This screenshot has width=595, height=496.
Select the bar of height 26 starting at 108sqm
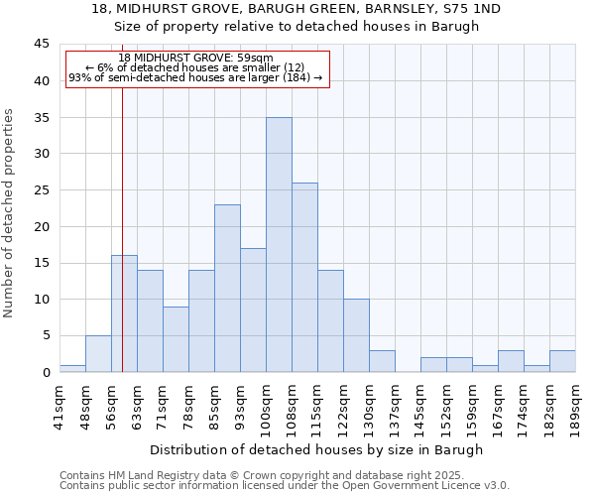click(x=304, y=278)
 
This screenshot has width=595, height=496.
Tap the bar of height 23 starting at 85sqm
click(x=227, y=288)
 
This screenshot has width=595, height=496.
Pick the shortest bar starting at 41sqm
click(x=72, y=368)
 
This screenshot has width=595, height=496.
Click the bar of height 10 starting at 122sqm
click(x=356, y=335)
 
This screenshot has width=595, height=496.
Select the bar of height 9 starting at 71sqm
click(x=176, y=339)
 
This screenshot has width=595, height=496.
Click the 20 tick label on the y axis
click(x=41, y=226)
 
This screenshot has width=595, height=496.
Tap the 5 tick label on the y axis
click(x=45, y=335)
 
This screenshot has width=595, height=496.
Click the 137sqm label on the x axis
click(x=395, y=405)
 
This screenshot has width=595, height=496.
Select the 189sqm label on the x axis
click(x=575, y=405)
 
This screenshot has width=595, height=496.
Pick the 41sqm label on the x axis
click(x=59, y=405)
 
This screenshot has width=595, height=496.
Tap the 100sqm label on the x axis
click(x=266, y=407)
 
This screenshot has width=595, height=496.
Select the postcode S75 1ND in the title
click(x=466, y=9)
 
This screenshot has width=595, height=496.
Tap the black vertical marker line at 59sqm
click(x=122, y=248)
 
